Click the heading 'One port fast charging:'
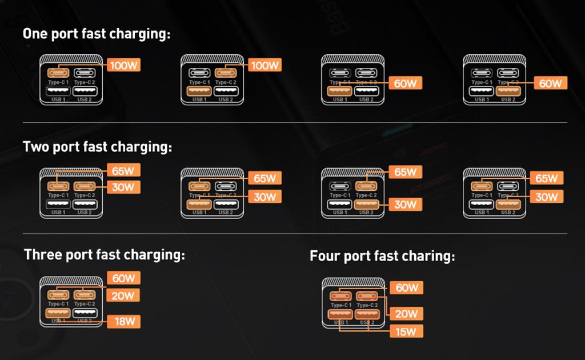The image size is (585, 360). [97, 34]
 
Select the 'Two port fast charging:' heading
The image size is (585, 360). [97, 147]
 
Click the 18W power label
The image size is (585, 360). [123, 321]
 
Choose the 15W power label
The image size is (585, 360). [406, 331]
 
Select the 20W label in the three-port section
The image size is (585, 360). [123, 295]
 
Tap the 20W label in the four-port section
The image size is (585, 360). [406, 314]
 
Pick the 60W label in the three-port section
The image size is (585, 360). [123, 278]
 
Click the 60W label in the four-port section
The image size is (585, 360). [406, 287]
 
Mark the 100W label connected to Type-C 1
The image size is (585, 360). [123, 65]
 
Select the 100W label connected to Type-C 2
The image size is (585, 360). [265, 65]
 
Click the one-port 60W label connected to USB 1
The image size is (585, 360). [406, 83]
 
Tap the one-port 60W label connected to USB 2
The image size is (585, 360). [550, 83]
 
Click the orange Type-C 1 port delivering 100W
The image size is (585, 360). [58, 73]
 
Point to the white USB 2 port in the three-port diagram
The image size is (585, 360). [84, 313]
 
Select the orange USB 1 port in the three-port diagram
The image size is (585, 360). [58, 313]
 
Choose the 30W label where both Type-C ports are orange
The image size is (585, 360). [123, 187]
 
